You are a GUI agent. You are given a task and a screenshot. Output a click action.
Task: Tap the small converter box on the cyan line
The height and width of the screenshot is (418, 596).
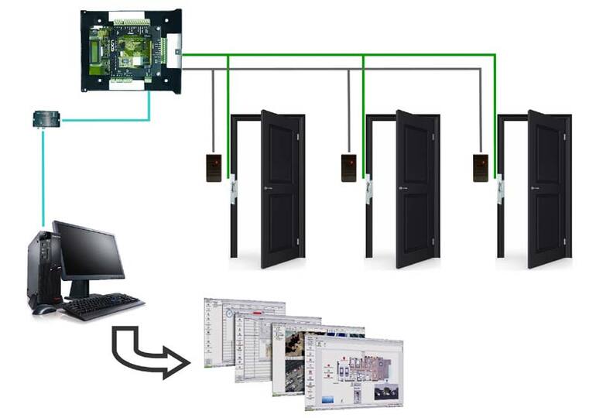point(46,118)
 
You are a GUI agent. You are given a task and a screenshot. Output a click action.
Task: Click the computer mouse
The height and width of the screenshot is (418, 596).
point(44,310)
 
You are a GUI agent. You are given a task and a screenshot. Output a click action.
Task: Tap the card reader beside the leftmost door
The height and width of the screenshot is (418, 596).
point(214,167)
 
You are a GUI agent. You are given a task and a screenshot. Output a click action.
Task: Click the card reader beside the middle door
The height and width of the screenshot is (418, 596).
point(349,167)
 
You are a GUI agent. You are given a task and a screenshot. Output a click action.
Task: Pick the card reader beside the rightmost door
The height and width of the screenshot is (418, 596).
point(481,167)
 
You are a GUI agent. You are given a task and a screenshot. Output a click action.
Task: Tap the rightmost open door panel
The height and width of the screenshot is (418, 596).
point(546,189)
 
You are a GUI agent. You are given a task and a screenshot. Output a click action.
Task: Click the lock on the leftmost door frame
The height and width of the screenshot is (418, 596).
point(232,190)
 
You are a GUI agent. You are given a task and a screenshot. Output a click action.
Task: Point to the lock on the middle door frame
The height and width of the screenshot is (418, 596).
point(368,190)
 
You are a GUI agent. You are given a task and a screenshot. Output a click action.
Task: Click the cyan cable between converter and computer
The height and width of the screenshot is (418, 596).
point(43,178)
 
